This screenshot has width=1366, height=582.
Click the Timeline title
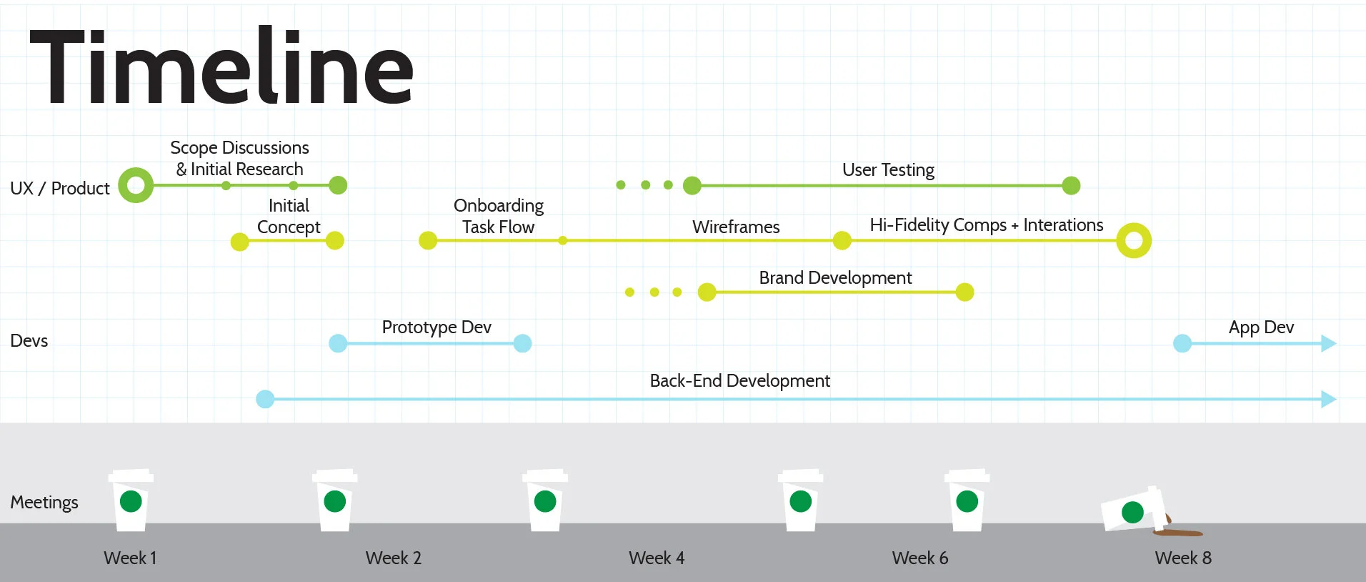[221, 68]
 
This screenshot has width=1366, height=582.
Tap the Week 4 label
[656, 558]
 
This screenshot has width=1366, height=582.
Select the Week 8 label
[1182, 558]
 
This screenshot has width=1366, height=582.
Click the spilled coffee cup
[1133, 510]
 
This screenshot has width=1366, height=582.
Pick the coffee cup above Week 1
[131, 500]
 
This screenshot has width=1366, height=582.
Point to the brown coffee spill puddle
[1179, 533]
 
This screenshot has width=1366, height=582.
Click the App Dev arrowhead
[1328, 343]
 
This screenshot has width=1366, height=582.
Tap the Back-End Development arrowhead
[1328, 399]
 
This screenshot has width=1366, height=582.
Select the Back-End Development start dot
[265, 399]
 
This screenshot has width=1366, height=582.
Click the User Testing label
[888, 170]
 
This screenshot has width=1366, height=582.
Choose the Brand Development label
[835, 277]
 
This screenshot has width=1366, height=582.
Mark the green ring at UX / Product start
[136, 185]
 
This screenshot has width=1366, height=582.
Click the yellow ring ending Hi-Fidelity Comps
[1134, 240]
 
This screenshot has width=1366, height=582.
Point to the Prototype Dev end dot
[522, 343]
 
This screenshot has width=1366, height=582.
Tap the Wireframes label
[736, 227]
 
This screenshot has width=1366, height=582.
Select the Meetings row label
[44, 502]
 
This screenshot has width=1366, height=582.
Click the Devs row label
[29, 340]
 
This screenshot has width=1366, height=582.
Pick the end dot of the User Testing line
[1071, 185]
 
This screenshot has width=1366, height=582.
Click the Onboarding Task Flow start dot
[428, 240]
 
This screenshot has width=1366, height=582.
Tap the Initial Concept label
[289, 216]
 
